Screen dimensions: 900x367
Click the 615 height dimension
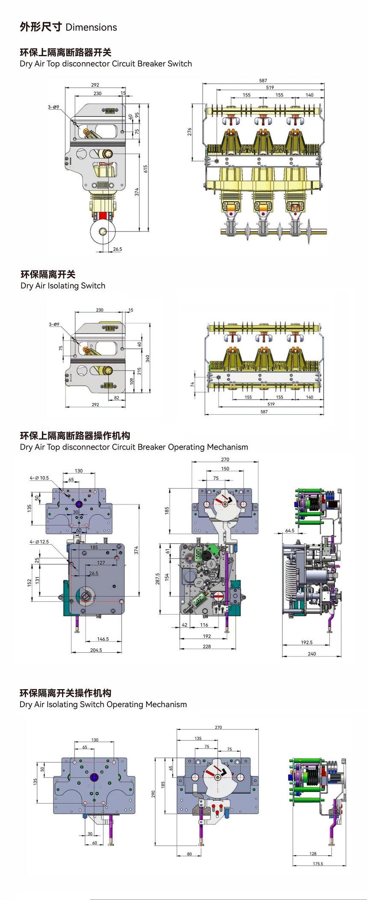(x=146, y=168)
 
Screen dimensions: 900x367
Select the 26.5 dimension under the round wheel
(x=117, y=249)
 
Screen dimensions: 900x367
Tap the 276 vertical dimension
(x=189, y=132)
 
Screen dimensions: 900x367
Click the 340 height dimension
(x=147, y=358)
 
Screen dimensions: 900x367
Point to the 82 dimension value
(x=116, y=398)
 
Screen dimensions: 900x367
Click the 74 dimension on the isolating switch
(x=193, y=384)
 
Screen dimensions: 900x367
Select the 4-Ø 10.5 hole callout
(x=39, y=478)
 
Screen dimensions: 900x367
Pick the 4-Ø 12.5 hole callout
(x=39, y=542)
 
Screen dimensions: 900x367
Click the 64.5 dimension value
(x=289, y=531)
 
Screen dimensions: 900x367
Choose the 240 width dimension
(x=312, y=654)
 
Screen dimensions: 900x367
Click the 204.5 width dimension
(x=96, y=650)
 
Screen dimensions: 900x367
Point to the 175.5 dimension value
(x=318, y=864)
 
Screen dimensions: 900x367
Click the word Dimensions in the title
(x=91, y=27)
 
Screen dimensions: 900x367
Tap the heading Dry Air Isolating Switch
(x=63, y=286)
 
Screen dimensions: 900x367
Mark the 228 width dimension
(x=206, y=646)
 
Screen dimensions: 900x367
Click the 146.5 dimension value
(x=103, y=639)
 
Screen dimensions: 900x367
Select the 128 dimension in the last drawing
(x=313, y=853)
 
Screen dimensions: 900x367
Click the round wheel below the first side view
(x=103, y=232)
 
